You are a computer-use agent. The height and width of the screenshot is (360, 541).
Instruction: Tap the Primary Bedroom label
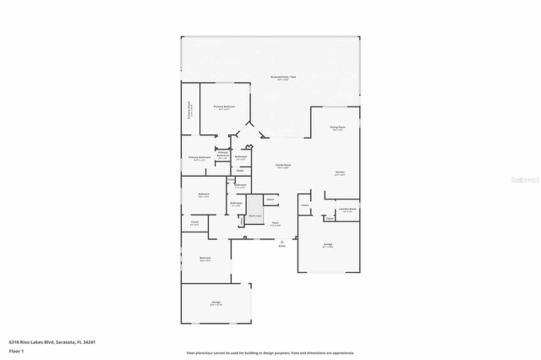click(224, 106)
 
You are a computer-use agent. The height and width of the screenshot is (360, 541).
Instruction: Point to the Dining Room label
click(338, 127)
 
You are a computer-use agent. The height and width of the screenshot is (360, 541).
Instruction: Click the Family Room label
click(283, 165)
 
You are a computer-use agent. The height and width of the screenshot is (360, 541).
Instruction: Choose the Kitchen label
click(340, 172)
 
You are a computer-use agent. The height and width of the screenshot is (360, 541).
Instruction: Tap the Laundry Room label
click(347, 209)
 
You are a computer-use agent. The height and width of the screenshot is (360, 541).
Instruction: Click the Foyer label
click(275, 223)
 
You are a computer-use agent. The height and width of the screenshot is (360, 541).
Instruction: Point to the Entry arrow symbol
click(282, 242)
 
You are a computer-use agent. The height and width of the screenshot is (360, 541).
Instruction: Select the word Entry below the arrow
click(282, 246)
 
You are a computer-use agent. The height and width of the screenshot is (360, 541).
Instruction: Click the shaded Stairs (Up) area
click(254, 209)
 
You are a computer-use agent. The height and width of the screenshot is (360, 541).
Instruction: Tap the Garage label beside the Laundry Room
click(328, 244)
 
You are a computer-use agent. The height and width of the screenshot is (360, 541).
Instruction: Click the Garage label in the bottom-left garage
click(216, 302)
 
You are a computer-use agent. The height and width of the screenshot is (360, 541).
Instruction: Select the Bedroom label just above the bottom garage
click(205, 258)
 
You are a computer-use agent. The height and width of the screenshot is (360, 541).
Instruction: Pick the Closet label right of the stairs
click(270, 199)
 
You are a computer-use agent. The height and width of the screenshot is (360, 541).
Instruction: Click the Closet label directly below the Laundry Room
click(330, 218)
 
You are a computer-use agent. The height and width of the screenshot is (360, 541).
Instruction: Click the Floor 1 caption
click(16, 351)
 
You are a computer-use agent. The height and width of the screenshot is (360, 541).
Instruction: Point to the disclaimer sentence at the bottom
click(270, 353)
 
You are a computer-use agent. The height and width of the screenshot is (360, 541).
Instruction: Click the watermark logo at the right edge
click(525, 180)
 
